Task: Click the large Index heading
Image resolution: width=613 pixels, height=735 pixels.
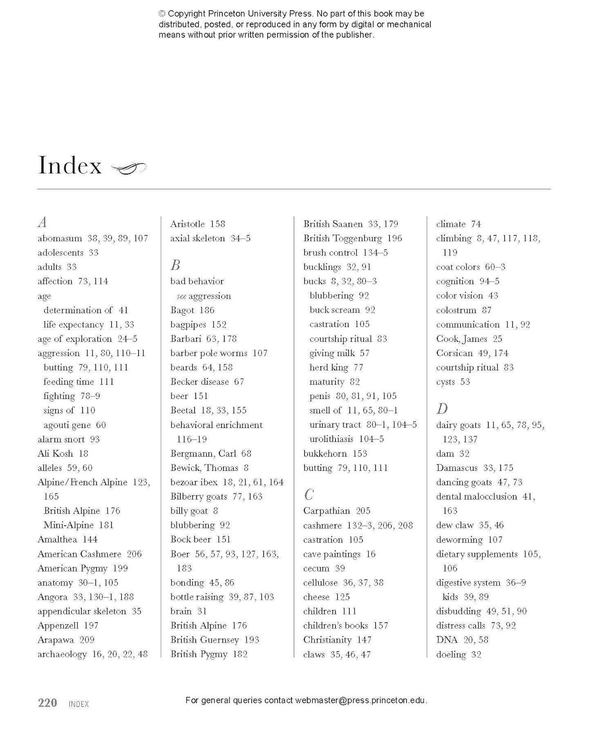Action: coord(70,166)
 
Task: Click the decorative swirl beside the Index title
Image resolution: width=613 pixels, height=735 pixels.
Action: coord(129,167)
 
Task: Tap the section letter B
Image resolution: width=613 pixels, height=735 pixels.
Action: coord(175,265)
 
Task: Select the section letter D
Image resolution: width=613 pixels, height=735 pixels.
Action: coord(442,408)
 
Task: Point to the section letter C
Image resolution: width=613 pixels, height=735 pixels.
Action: coord(309,495)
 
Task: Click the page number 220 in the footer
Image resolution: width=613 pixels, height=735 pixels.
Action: coord(47,703)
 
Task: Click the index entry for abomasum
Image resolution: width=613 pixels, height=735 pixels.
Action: coord(60,238)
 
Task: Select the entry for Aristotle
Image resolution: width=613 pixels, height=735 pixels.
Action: coord(188,224)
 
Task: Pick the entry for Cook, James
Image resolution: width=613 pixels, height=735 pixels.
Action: coord(461,339)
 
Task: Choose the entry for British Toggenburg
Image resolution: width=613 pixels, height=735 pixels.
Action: coord(342,238)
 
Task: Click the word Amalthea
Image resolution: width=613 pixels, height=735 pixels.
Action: coord(57,540)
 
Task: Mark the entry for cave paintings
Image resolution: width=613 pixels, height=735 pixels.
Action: coord(332,554)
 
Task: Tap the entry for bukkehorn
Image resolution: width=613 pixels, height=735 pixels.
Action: coord(325,453)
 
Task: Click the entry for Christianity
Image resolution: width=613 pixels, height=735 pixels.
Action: coord(327,640)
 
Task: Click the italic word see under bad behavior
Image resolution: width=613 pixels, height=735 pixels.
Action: coord(181,296)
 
